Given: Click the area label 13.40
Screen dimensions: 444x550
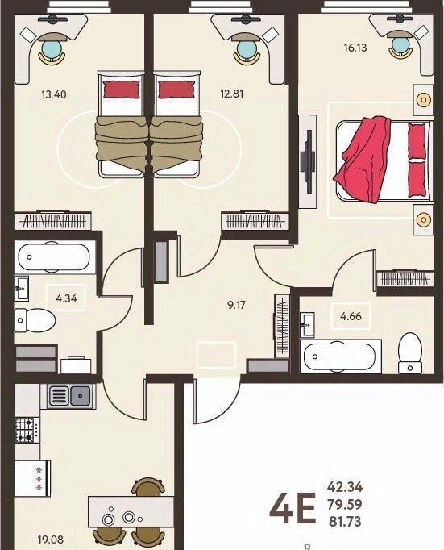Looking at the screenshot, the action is [54, 94].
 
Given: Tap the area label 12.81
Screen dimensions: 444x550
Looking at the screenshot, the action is [231, 94].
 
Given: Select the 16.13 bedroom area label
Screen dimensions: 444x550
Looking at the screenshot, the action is [355, 48].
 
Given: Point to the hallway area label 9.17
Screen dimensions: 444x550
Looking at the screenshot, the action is [237, 305].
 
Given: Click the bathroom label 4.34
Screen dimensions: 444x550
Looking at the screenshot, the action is [66, 298].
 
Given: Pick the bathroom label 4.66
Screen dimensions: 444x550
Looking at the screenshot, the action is [351, 316].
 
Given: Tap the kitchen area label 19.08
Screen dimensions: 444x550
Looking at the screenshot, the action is [51, 540].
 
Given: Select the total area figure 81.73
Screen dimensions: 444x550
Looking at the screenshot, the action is [345, 522].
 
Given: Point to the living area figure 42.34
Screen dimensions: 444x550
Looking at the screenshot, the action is [345, 487].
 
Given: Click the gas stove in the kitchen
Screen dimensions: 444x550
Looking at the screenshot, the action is [27, 431].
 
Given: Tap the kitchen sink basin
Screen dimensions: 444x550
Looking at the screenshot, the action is [81, 396].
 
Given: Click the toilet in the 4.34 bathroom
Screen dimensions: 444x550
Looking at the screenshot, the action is [35, 320].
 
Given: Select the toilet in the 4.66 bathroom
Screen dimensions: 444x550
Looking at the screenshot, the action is [410, 353].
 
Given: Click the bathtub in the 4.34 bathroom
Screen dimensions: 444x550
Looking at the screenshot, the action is [55, 257].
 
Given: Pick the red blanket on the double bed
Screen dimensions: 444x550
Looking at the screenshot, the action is [363, 158].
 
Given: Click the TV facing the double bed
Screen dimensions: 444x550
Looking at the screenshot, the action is [308, 161].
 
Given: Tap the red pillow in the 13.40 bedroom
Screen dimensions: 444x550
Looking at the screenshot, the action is [121, 90].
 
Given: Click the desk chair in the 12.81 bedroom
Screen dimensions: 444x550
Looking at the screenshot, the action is [247, 51].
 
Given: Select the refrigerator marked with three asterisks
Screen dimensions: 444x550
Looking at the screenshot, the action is [32, 478].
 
